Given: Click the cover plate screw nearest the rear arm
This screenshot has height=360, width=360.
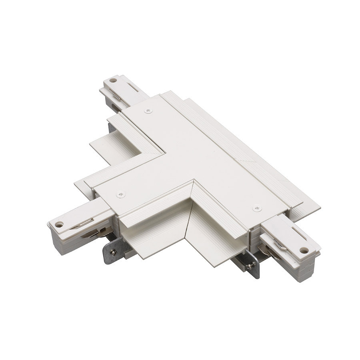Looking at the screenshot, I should point(149,110).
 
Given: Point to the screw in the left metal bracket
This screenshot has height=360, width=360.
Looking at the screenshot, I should point(114,252).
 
